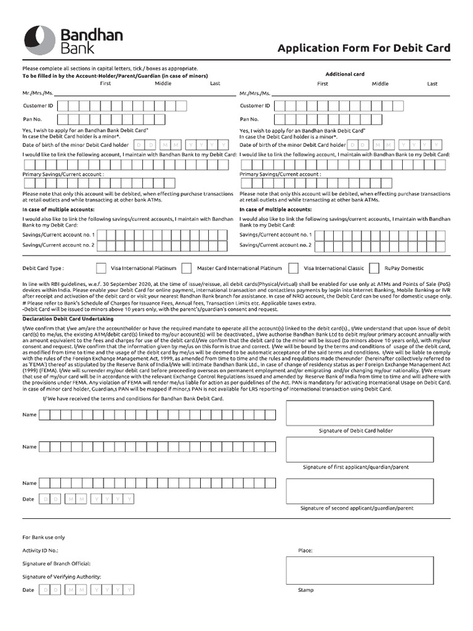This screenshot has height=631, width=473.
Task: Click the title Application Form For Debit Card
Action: (363, 48)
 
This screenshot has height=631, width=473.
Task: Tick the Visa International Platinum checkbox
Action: (101, 268)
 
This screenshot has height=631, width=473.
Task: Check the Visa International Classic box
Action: (294, 268)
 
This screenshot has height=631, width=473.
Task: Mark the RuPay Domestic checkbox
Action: (374, 268)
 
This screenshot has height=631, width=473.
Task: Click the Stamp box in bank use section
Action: (359, 570)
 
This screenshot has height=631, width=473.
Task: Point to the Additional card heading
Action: (345, 74)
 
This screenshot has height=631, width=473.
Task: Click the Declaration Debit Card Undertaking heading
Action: (68, 319)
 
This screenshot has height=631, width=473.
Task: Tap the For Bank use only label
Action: (44, 537)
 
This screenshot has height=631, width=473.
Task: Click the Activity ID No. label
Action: (41, 550)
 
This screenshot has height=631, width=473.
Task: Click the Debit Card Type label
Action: (43, 269)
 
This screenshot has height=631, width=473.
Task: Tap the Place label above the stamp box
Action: (305, 550)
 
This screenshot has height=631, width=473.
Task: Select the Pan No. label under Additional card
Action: (249, 119)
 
